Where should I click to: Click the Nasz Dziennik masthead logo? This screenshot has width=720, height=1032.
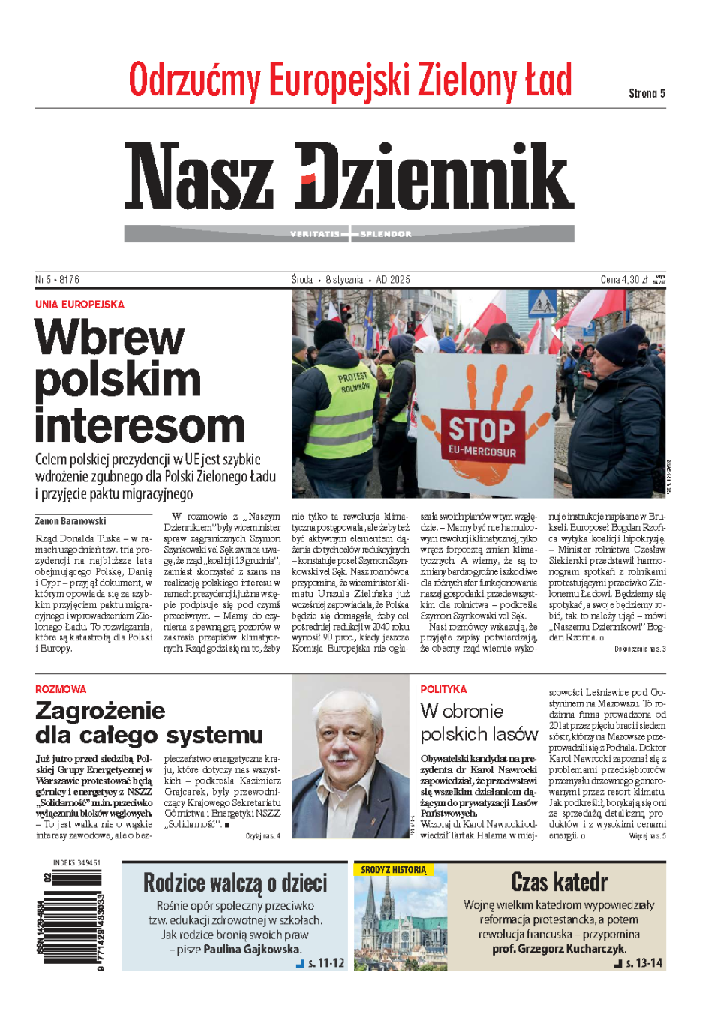(x=349, y=177)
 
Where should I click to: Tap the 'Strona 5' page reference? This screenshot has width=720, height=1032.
(x=646, y=93)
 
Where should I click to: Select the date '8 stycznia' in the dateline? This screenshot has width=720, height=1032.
(x=344, y=280)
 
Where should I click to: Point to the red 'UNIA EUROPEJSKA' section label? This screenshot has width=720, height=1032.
(x=79, y=304)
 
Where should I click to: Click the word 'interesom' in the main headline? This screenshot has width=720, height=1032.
(x=140, y=425)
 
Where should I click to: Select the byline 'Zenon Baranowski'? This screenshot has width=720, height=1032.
(x=70, y=521)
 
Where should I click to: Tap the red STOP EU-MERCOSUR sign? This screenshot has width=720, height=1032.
(x=482, y=436)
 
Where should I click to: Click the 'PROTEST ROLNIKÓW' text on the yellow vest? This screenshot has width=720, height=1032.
(x=354, y=382)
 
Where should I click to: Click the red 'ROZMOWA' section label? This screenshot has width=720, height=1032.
(x=61, y=689)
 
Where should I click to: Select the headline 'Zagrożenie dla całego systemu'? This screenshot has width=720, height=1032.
(x=149, y=722)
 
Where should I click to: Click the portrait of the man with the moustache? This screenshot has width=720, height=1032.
(x=352, y=757)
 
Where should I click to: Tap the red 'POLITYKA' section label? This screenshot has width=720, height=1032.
(x=443, y=689)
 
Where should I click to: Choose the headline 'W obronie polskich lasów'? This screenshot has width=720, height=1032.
(x=478, y=722)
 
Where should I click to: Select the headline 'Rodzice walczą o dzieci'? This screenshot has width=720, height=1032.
(x=235, y=883)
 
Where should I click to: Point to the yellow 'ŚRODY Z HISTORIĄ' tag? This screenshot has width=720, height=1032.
(x=393, y=870)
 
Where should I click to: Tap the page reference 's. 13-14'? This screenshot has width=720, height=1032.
(x=643, y=963)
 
